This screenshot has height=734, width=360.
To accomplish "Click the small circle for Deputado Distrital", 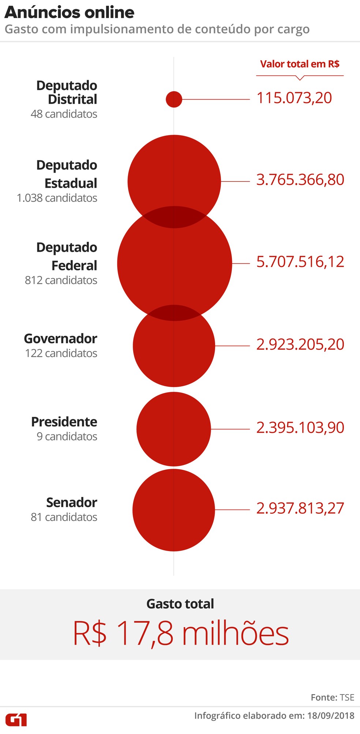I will coord(174,99).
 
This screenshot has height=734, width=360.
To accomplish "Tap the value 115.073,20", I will coord(294,98).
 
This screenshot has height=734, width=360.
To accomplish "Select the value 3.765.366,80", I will coord(300,180).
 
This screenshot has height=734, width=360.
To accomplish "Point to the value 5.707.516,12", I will coord(300,262).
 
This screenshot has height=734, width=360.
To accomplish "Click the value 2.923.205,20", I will coord(300,345).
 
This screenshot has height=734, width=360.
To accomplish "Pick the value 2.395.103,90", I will coord(300,428).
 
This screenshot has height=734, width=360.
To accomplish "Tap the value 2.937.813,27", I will coord(300,509).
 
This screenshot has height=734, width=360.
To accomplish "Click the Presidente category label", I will coord(64,422).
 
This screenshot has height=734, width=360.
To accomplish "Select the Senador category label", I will coord(71,503).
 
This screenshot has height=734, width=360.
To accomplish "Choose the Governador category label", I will coord(60,339).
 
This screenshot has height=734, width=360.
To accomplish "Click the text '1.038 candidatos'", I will coord(57,198).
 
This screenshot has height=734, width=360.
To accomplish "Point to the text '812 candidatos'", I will coord(61,280).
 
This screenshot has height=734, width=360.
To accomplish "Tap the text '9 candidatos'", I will coord(67,437).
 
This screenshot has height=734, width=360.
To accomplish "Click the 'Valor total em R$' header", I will coord(300,64).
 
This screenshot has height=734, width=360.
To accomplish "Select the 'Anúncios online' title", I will coord(70,12).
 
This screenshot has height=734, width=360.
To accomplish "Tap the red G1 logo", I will coord(16,720).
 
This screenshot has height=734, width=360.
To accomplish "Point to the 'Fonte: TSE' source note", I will coord(332,697).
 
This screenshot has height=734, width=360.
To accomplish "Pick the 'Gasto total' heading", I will coord(180,604).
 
